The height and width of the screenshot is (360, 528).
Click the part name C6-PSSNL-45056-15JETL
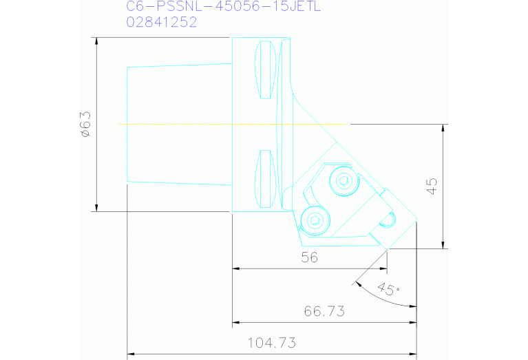[223, 6]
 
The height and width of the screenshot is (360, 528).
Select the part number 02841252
[162, 22]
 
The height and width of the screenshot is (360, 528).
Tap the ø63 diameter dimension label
[86, 125]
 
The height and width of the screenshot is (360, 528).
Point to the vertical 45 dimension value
[432, 187]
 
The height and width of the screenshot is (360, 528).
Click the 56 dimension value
[310, 257]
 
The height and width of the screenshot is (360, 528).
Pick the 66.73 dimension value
[324, 311]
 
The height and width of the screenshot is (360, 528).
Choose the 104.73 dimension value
[272, 343]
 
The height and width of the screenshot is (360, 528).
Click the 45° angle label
[388, 289]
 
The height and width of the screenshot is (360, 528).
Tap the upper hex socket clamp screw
[344, 181]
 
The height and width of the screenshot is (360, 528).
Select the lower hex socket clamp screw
[315, 220]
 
